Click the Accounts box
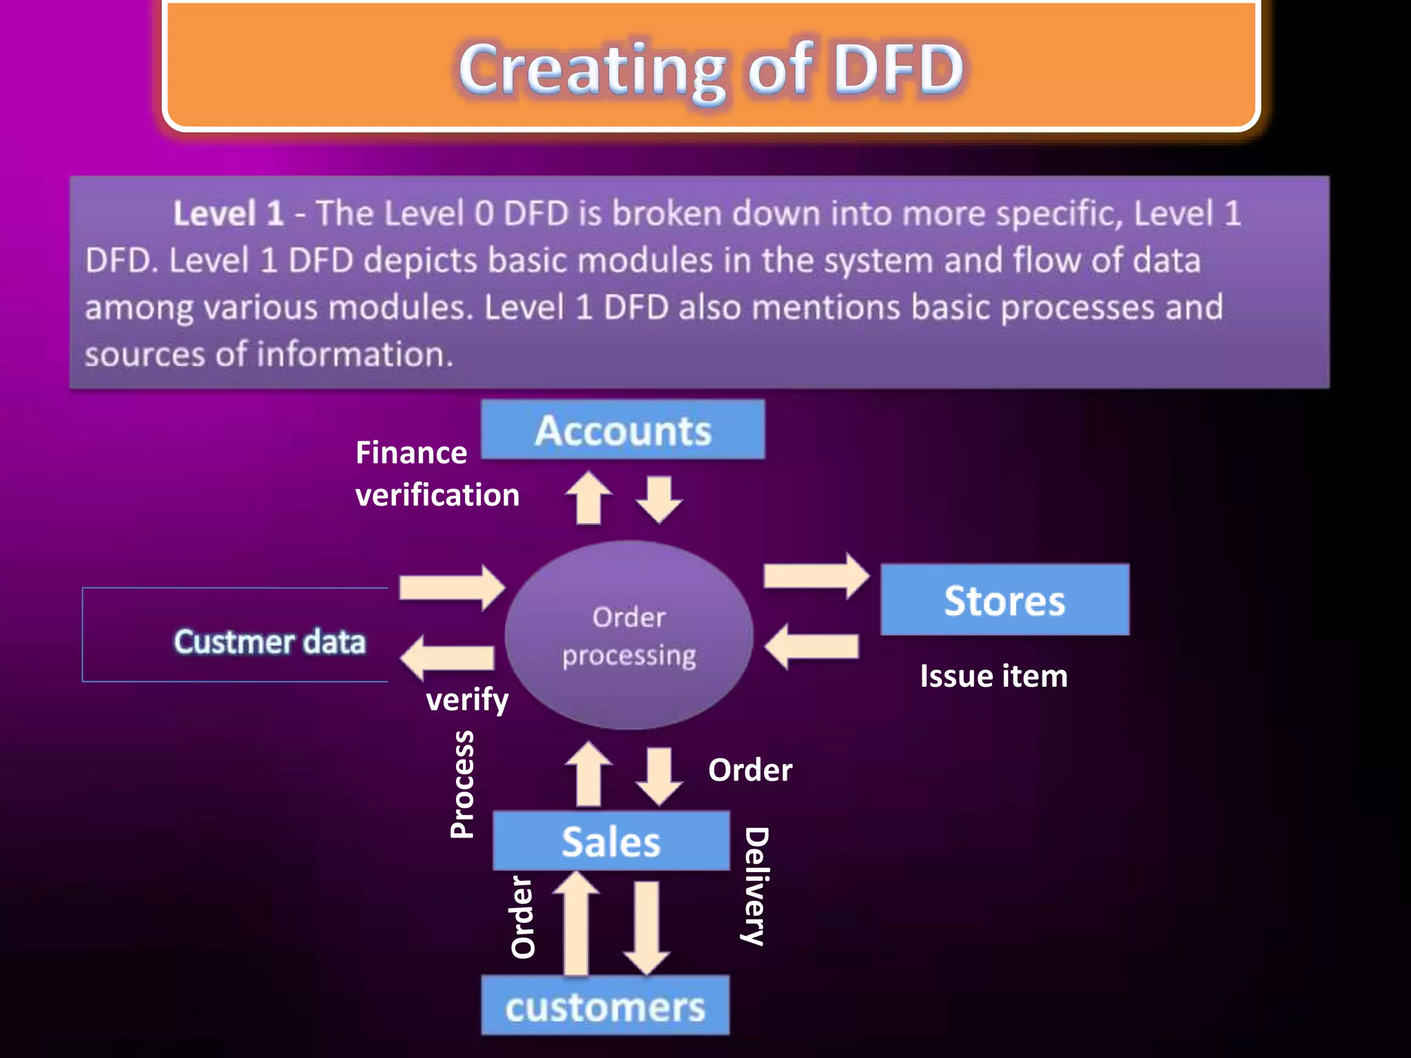click(623, 430)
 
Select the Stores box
click(1005, 600)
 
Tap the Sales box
click(611, 841)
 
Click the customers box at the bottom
click(605, 1006)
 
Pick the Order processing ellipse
click(628, 635)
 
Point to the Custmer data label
click(269, 641)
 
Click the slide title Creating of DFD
click(711, 69)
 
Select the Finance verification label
click(437, 474)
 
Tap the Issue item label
click(993, 676)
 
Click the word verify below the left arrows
click(467, 700)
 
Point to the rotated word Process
click(462, 784)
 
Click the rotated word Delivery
click(756, 886)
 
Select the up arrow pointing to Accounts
click(588, 497)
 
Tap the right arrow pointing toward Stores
click(816, 575)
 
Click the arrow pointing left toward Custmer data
click(448, 657)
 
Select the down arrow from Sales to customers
click(646, 927)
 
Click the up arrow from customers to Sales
click(576, 923)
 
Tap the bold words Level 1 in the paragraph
click(228, 214)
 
